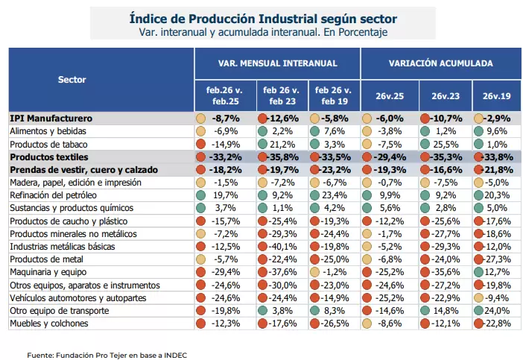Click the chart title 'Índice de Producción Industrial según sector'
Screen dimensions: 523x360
coord(263,19)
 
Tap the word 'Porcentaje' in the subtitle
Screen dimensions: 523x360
coord(363,32)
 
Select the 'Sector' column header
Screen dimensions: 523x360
coord(72,80)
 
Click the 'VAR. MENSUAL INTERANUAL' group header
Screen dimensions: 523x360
coord(277,63)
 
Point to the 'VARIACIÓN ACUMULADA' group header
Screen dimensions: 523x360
coord(440,63)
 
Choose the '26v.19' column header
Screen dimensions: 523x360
coord(497,96)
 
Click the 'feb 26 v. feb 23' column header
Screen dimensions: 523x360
coord(282,95)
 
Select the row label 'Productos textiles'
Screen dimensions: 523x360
coord(49,157)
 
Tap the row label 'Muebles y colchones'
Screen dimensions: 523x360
coord(49,323)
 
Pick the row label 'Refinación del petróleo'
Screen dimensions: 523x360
coord(54,195)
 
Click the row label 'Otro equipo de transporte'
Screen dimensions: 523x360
coord(60,311)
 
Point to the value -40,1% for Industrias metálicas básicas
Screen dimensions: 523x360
coord(282,247)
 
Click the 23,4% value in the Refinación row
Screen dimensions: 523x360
coord(335,195)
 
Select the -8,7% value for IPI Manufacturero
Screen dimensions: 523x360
coord(226,119)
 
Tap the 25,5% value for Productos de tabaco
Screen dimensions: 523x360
coord(446,145)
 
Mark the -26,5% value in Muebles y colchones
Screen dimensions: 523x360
coord(335,323)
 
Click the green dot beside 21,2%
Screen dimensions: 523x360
coord(262,144)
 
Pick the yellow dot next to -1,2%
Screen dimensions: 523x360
coord(314,272)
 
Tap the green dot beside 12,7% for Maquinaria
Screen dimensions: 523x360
coord(478,272)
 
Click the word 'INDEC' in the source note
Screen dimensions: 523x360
coord(175,356)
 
